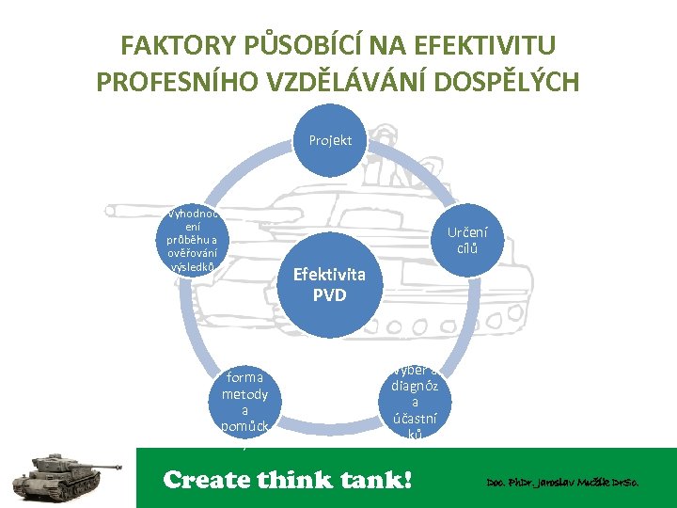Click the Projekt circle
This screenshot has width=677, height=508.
click(x=330, y=140)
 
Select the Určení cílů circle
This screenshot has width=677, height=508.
click(x=467, y=240)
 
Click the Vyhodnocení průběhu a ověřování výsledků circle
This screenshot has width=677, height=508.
click(x=193, y=240)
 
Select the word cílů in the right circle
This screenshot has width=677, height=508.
click(x=467, y=248)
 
